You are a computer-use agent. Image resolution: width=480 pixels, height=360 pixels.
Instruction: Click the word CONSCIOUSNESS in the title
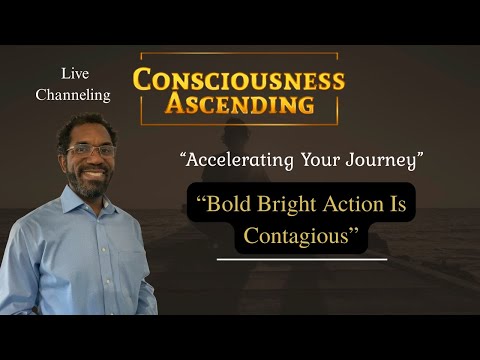click(x=239, y=79)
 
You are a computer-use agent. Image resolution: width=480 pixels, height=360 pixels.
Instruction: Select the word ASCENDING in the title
click(x=237, y=104)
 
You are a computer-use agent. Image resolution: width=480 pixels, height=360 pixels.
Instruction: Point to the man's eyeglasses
click(x=91, y=150)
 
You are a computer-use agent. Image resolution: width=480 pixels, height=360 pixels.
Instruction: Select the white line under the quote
click(x=301, y=260)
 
